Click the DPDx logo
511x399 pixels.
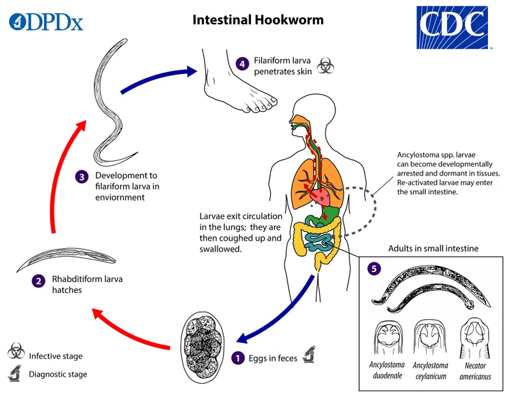click(x=46, y=23)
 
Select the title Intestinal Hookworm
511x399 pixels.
click(x=258, y=20)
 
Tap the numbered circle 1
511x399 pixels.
click(x=238, y=358)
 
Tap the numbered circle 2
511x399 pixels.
click(x=39, y=280)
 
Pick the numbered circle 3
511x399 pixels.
click(x=81, y=176)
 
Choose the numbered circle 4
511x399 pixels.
click(x=241, y=64)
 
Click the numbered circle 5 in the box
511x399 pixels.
click(x=374, y=269)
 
